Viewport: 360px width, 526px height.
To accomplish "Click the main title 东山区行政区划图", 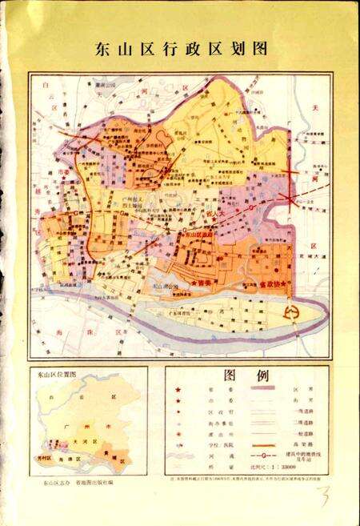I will tap(180, 47).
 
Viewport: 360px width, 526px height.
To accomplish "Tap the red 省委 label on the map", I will tap(205, 282).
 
